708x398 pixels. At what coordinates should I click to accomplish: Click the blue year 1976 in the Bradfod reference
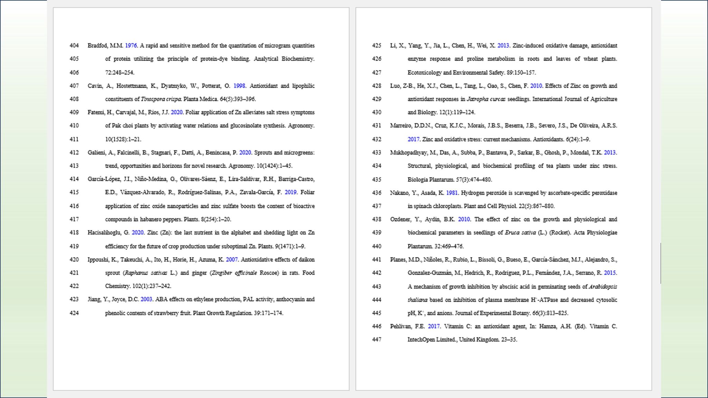[131, 46]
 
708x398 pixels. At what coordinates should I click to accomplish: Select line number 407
[74, 86]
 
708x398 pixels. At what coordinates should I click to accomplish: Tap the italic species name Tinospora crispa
[161, 99]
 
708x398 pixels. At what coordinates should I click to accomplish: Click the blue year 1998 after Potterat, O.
[239, 86]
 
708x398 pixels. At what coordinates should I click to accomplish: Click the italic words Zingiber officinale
[235, 273]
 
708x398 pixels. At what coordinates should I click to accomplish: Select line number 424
[74, 313]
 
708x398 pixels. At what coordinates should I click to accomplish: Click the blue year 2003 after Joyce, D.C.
[146, 299]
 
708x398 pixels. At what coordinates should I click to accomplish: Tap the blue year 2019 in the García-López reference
[290, 192]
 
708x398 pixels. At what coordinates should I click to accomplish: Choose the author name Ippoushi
[98, 259]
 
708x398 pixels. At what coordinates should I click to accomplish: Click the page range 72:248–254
[120, 73]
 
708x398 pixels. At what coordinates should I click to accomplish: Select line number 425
[376, 46]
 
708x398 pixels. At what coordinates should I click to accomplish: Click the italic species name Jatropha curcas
[486, 99]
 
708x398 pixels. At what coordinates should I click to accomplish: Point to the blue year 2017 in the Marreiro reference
[413, 139]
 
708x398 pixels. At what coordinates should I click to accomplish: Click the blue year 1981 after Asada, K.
[452, 193]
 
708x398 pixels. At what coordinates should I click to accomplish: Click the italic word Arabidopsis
[603, 286]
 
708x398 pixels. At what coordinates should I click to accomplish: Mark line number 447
[376, 340]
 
